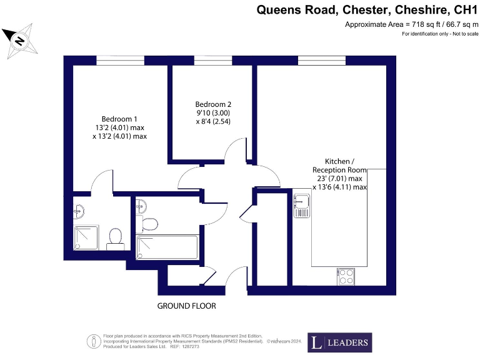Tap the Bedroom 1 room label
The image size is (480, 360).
click(x=119, y=119)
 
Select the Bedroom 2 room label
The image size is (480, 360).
click(x=213, y=104)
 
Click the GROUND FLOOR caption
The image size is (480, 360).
click(x=186, y=306)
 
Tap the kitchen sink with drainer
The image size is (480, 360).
click(x=301, y=206)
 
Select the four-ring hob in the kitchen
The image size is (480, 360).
click(x=345, y=276)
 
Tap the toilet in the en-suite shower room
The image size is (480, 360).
click(x=115, y=237)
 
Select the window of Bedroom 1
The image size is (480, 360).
click(x=120, y=61)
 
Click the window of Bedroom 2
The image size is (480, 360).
click(x=212, y=61)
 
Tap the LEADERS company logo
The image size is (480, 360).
click(x=339, y=342)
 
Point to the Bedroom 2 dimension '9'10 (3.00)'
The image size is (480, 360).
click(x=214, y=113)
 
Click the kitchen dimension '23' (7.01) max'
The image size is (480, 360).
click(x=339, y=177)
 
